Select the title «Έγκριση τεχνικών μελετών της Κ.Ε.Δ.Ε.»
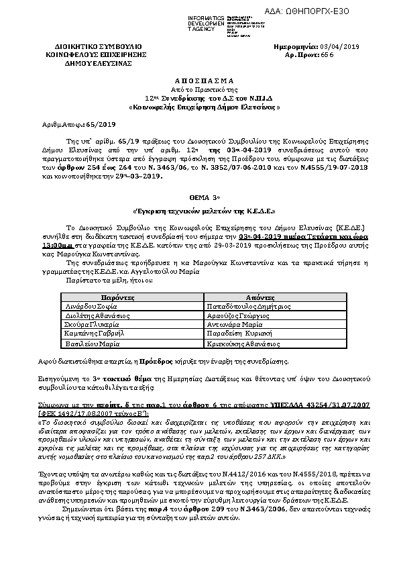coord(199,210)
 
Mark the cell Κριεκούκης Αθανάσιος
coord(243,342)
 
